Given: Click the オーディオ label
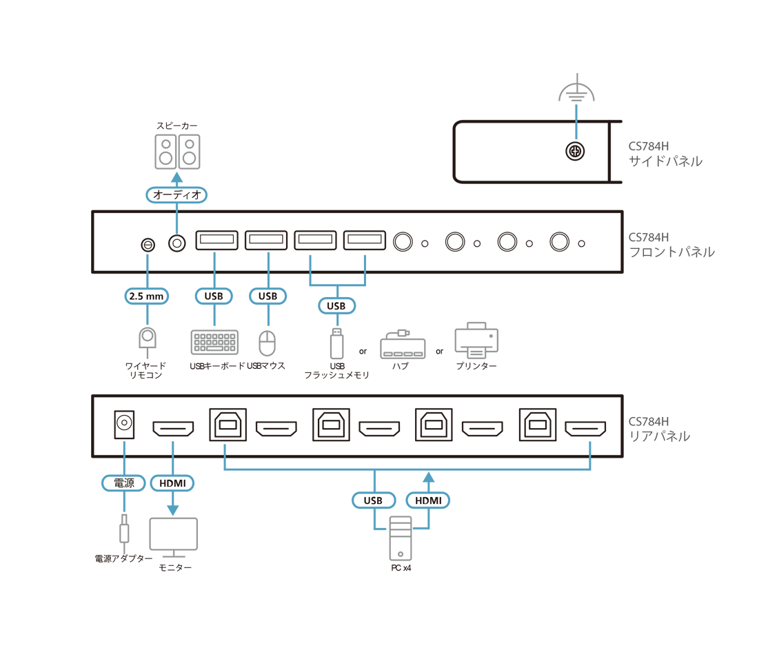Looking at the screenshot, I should [177, 195].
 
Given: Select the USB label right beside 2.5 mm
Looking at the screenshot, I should [214, 296].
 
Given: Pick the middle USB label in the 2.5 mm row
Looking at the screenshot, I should [267, 296].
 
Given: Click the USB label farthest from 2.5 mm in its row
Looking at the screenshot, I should [336, 305].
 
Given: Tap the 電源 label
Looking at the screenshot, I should [123, 483].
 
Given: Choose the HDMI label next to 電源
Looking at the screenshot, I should [172, 483].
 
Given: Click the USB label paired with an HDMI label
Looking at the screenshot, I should [373, 500].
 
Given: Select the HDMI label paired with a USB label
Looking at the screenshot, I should [428, 500].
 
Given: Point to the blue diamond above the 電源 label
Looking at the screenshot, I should [124, 449].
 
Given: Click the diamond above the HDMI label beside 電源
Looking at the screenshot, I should [172, 449].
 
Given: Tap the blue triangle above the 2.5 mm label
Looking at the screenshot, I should [145, 263].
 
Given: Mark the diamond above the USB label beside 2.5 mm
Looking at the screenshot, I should [214, 262].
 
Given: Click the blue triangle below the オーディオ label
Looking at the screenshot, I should [176, 222].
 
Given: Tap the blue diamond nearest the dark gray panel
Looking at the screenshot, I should [589, 449].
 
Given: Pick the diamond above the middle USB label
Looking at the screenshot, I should [268, 262].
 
